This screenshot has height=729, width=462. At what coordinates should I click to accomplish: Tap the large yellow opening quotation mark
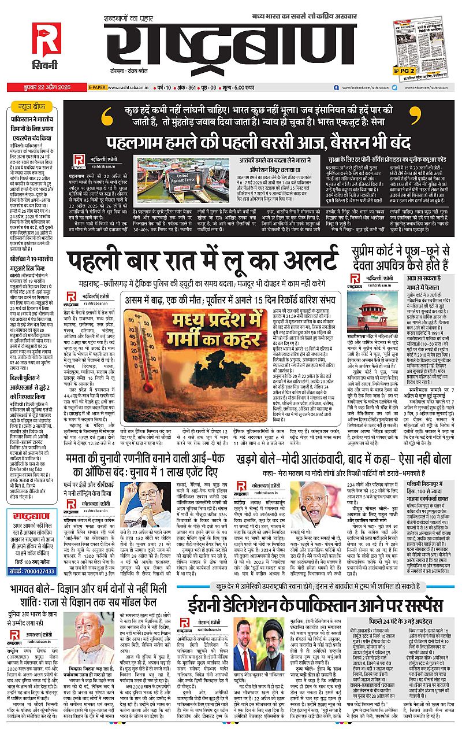click(x=107, y=117)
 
